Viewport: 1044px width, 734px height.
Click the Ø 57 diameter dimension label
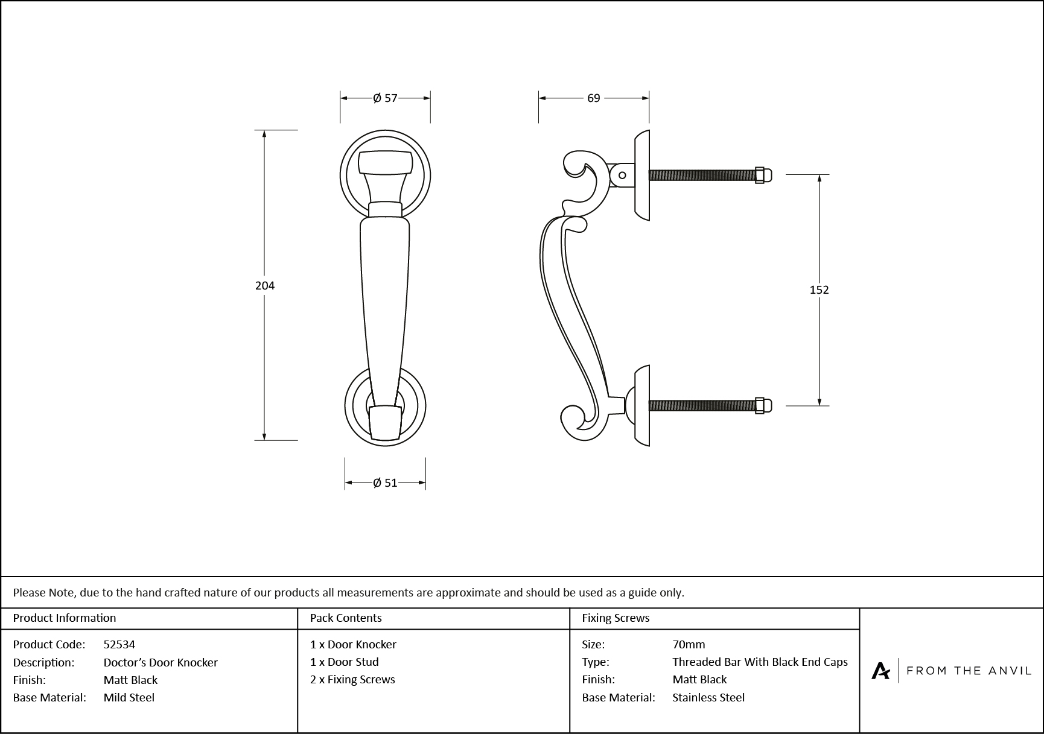click(x=385, y=98)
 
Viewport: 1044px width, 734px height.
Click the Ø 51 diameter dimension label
click(x=385, y=482)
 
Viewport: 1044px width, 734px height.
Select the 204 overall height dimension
click(x=265, y=286)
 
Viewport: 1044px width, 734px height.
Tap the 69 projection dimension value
click(x=594, y=98)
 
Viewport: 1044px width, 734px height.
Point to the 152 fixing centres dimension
click(x=819, y=290)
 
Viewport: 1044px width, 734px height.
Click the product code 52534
click(x=119, y=644)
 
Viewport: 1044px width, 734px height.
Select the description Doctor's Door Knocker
click(x=161, y=662)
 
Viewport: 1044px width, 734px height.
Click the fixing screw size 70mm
click(x=689, y=644)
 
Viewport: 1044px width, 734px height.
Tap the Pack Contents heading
click(x=346, y=618)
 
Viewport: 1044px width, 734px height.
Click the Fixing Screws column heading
click(x=616, y=618)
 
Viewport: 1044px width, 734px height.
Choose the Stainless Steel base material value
click(x=708, y=697)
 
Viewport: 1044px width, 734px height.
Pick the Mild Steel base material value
click(x=129, y=697)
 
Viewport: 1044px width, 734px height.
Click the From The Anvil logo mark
click(x=880, y=671)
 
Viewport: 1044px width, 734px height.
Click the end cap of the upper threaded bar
click(x=760, y=175)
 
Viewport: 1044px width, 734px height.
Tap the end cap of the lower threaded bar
click(x=760, y=406)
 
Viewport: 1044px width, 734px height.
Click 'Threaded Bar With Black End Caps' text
click(x=760, y=662)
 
